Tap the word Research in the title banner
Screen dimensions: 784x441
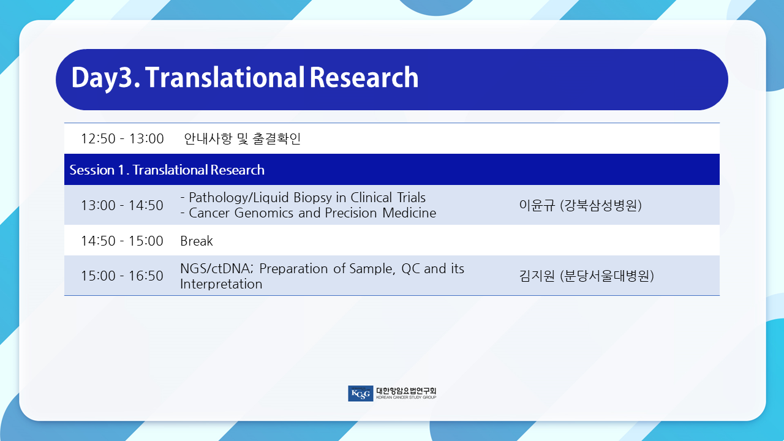pos(364,77)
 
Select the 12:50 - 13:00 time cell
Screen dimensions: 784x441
pos(122,138)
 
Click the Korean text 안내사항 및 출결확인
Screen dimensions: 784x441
pos(242,138)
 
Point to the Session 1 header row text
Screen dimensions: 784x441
pos(167,170)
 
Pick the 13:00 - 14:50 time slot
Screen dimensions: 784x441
pos(122,205)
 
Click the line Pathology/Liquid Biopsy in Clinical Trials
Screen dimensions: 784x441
pos(303,198)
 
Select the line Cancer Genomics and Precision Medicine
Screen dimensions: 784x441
pos(308,213)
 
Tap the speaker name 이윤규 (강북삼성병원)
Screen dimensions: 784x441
pos(580,205)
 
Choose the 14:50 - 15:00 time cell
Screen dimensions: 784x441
pos(122,241)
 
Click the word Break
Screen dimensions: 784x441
pos(197,241)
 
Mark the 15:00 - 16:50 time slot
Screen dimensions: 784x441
pos(122,276)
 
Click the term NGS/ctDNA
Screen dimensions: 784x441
pos(216,268)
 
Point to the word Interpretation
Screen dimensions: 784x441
pos(221,284)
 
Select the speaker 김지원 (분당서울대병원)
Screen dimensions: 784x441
pos(586,276)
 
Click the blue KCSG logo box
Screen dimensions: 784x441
pos(361,393)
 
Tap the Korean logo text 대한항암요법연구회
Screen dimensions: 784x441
pos(406,391)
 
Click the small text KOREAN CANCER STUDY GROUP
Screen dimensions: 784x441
pos(406,398)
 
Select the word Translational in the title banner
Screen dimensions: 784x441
pos(225,77)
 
